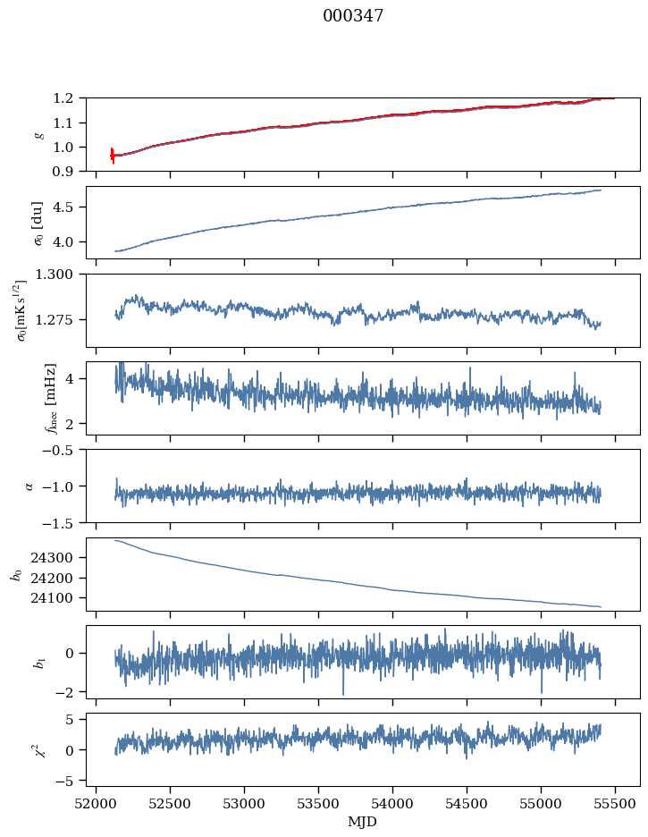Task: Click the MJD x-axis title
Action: click(x=363, y=822)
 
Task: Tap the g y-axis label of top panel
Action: click(x=38, y=134)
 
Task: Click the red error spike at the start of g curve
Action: click(x=113, y=156)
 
